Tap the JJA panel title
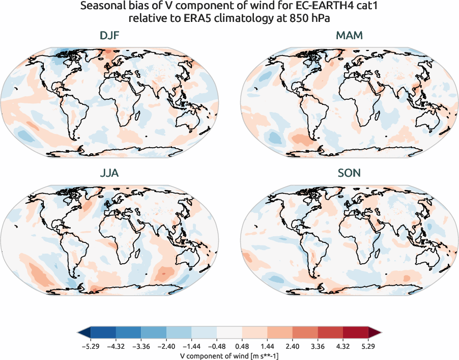[x=109, y=173]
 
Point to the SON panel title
[x=350, y=173]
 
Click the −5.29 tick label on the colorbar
[x=90, y=346]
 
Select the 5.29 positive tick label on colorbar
[x=368, y=346]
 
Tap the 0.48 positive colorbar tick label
[x=242, y=346]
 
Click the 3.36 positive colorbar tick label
[x=318, y=346]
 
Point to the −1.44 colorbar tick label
[x=191, y=346]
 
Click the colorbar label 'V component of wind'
[x=229, y=355]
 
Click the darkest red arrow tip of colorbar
[x=375, y=333]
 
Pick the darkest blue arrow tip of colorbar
[x=83, y=333]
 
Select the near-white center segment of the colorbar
[x=229, y=333]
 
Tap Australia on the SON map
[x=428, y=260]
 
